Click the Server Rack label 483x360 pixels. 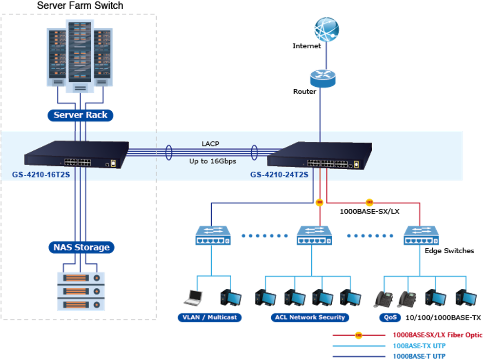80,115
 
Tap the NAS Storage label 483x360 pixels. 81,247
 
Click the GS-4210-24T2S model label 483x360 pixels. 280,174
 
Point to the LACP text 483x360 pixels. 210,143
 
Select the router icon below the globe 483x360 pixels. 322,78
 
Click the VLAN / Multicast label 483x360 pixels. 209,317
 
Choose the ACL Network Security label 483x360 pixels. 310,317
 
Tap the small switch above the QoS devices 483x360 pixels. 421,236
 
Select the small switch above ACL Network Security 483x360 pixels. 314,236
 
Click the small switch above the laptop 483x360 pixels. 212,236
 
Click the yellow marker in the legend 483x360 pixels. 358,335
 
